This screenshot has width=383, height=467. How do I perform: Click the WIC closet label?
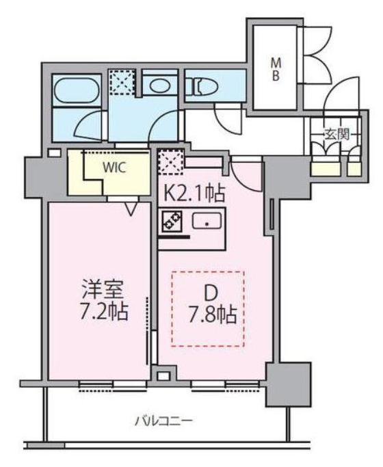click(x=114, y=165)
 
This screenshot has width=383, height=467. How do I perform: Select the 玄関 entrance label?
click(x=336, y=135)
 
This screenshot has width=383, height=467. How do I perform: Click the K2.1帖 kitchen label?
click(x=193, y=193)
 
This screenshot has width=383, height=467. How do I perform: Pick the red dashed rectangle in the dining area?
click(x=207, y=308)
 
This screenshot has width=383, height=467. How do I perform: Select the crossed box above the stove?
click(x=170, y=164)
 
